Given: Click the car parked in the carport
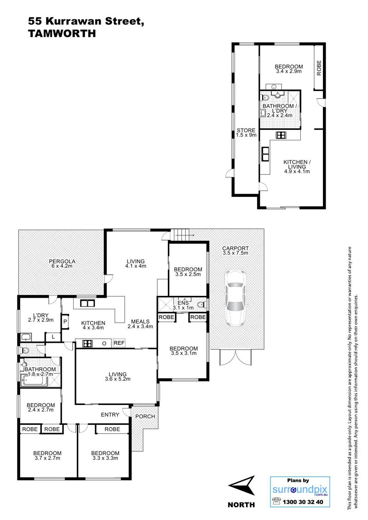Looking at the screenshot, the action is (x=235, y=297).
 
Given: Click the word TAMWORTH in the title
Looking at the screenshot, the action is (x=62, y=34).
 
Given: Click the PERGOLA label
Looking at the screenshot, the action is (x=62, y=261).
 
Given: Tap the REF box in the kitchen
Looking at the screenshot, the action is (x=119, y=343).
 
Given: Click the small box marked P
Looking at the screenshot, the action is (x=65, y=321).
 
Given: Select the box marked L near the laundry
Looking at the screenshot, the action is (x=53, y=337).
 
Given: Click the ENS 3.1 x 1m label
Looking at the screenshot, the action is (x=183, y=305).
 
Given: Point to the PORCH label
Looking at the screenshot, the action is (x=145, y=416).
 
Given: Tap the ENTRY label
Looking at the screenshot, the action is (x=110, y=415).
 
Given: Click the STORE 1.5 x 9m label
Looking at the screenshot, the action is (x=246, y=133).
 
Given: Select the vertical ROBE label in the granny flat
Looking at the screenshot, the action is (x=319, y=68).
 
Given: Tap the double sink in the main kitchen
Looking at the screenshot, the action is (x=87, y=303).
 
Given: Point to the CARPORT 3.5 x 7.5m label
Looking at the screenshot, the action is (x=236, y=250).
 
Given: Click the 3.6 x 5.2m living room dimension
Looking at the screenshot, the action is (x=117, y=379).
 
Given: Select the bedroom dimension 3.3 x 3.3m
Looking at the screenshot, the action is (x=105, y=458).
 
